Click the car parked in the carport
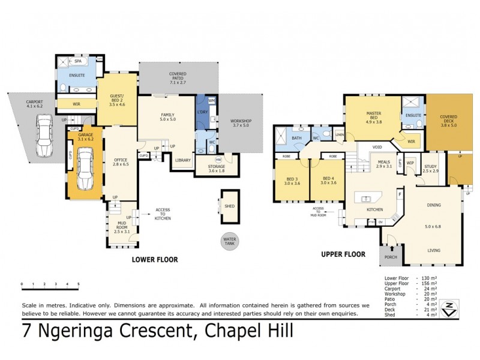(x=44, y=135)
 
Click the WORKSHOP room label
(x=241, y=123)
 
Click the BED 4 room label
(x=328, y=181)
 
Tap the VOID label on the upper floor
(x=377, y=146)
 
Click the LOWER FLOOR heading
(x=154, y=260)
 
